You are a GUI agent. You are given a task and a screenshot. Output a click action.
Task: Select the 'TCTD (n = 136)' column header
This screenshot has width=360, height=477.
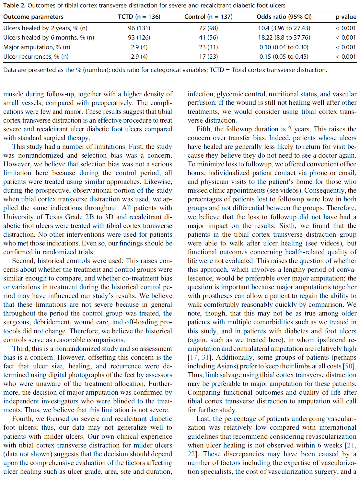(139, 17)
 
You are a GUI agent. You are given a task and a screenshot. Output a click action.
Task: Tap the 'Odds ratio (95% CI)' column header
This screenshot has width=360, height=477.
(284, 17)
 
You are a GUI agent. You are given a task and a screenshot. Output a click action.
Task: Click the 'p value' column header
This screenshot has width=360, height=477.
(346, 17)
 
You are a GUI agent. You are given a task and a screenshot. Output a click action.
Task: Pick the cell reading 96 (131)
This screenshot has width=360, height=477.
(139, 28)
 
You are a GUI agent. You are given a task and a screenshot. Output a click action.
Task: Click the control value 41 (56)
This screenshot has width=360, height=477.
(208, 38)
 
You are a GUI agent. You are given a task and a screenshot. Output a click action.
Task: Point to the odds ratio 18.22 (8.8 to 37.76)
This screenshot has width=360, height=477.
(284, 38)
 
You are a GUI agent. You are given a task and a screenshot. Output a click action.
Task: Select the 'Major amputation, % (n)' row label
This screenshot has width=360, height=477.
(37, 47)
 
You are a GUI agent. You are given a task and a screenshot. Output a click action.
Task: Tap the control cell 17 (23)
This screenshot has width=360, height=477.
(208, 57)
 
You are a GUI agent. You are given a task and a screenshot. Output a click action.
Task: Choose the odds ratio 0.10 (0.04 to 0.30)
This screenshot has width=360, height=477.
(284, 47)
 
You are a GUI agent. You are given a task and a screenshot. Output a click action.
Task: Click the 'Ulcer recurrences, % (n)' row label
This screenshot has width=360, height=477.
(36, 57)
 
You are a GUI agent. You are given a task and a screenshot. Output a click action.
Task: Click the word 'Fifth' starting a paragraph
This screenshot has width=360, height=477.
(203, 129)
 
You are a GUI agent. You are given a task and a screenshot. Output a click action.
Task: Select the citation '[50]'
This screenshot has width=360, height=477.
(349, 366)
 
